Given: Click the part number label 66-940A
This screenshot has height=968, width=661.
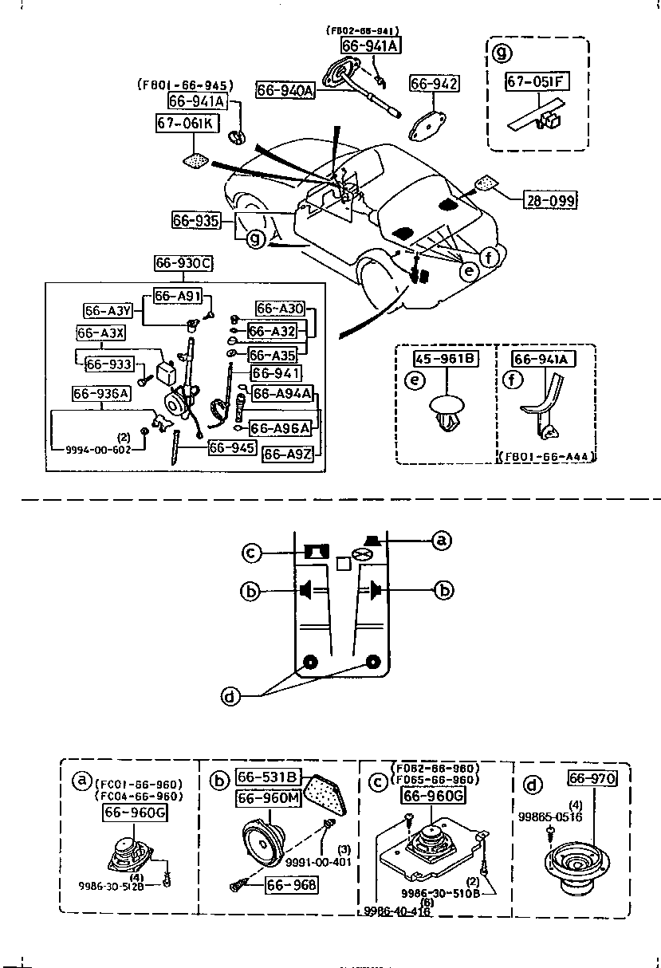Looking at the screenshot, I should [285, 91].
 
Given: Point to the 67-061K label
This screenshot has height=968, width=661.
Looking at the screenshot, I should [184, 123].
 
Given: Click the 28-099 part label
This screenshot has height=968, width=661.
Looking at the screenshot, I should [550, 200].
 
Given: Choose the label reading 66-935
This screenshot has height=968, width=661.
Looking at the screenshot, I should [195, 219].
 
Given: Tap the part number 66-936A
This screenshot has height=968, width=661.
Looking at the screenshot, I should [101, 393].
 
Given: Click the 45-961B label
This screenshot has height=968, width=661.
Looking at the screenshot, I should [446, 360].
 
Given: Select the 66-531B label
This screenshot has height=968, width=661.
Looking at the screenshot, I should [268, 777].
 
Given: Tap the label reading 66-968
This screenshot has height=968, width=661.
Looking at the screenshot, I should [291, 885].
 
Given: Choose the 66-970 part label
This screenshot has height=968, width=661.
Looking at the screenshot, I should [592, 778].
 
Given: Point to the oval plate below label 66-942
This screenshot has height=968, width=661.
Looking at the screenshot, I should [431, 122].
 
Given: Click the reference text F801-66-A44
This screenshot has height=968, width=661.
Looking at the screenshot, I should [549, 457].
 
